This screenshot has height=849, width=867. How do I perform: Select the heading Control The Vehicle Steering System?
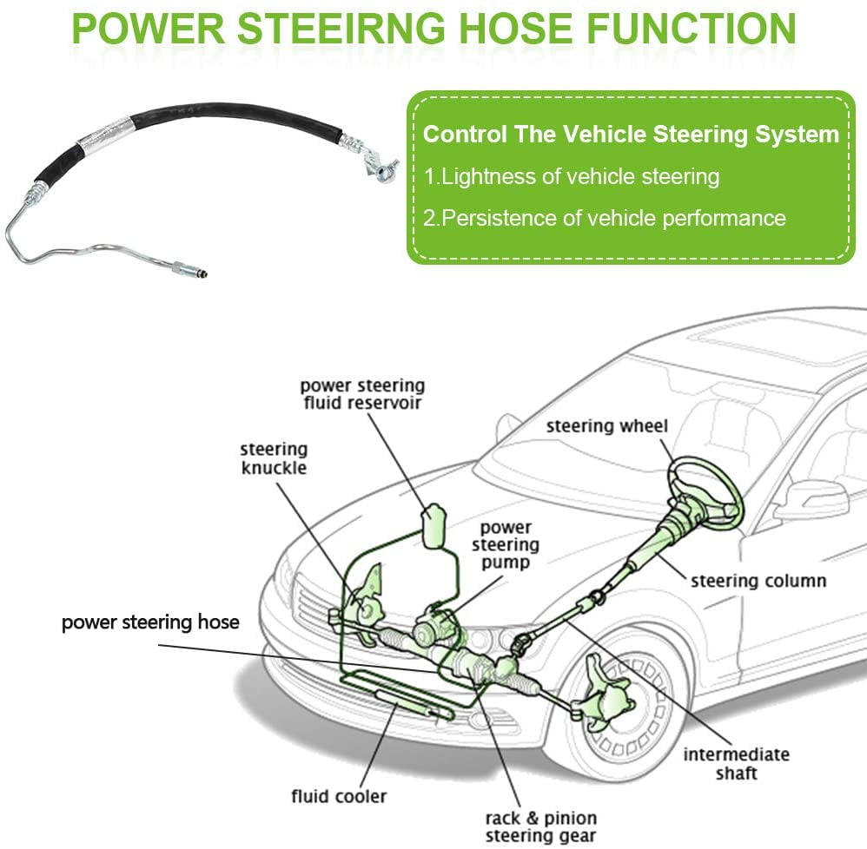pos(631,135)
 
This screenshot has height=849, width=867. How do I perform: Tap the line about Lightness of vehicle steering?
pos(572,176)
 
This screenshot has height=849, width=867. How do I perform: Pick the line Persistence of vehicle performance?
pos(605,217)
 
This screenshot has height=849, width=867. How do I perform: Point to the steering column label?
pos(758,580)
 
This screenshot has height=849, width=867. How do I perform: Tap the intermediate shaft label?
pos(736,763)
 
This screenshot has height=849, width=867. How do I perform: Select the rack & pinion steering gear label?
pos(539,826)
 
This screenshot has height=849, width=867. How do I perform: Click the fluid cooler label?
pos(339,795)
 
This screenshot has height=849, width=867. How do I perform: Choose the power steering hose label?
pos(150,622)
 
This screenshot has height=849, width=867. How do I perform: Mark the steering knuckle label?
pos(274,458)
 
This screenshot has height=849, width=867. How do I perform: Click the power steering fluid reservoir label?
pos(362,393)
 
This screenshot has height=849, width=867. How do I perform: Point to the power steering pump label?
pos(506,544)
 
